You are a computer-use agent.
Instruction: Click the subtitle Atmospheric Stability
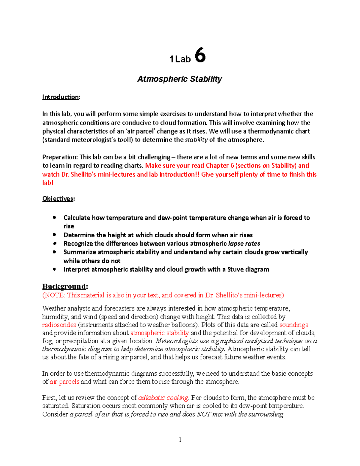click(179, 79)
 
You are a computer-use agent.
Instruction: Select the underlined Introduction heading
click(61, 97)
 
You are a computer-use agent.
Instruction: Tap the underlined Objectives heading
click(58, 199)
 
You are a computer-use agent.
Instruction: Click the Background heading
click(64, 286)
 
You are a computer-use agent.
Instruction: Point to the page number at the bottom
click(180, 440)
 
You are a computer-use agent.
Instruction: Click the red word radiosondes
click(59, 325)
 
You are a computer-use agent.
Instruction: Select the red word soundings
click(294, 325)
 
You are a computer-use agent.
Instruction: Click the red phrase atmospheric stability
click(160, 333)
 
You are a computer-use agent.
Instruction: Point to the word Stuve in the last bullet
click(235, 269)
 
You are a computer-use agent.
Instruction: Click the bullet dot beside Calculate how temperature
click(54, 217)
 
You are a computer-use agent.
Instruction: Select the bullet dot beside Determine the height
click(54, 235)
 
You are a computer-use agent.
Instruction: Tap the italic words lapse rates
click(244, 243)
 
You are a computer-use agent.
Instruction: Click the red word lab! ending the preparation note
click(48, 183)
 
